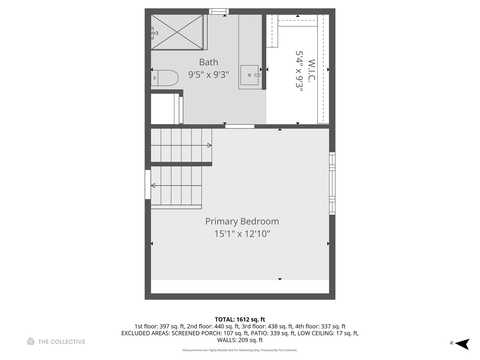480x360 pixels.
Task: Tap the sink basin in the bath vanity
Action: point(249,75)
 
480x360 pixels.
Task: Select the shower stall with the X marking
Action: point(177,32)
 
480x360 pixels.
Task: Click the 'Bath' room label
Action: point(209,62)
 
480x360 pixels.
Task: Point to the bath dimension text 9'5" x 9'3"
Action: point(209,75)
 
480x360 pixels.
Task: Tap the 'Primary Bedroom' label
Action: point(242,221)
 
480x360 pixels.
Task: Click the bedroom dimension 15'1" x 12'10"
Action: point(242,234)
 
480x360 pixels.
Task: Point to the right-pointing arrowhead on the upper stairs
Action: point(209,145)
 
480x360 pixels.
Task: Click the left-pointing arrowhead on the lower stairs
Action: point(153,186)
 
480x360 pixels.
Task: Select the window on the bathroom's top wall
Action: point(219,12)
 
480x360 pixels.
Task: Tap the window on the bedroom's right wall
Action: point(332,183)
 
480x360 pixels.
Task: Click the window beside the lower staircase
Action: point(148,184)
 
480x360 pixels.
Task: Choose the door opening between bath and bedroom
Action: point(240,126)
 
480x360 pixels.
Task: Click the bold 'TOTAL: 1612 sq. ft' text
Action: point(240,320)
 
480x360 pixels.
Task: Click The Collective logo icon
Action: point(31,342)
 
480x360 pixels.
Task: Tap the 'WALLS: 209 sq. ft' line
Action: point(240,340)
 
